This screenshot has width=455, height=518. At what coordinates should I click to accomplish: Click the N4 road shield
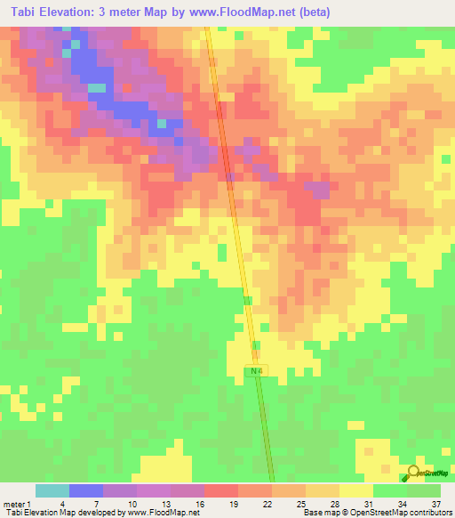click(x=256, y=370)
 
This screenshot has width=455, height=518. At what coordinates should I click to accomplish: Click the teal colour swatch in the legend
click(x=52, y=490)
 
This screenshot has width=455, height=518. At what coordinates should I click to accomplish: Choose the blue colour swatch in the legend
click(x=85, y=490)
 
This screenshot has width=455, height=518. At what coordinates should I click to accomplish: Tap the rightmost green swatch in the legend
click(x=424, y=490)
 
